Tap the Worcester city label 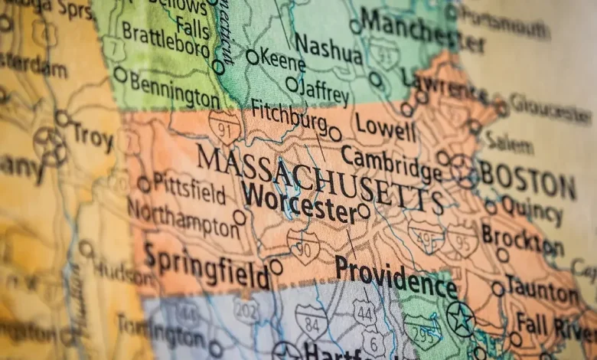[x=298, y=202]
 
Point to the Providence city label [x=395, y=276]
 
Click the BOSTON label [x=528, y=181]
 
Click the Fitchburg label [x=289, y=116]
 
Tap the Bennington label [x=175, y=90]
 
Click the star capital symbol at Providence [x=460, y=318]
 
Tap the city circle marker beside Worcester [x=364, y=211]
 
